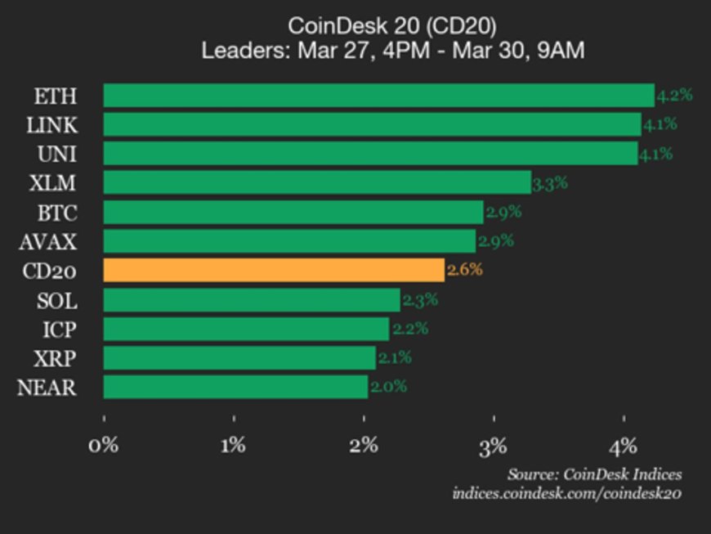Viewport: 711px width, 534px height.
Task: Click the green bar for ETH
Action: (378, 96)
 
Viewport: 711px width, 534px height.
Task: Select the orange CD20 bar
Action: (274, 270)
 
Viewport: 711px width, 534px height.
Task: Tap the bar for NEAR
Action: (235, 387)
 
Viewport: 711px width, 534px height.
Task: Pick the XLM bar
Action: (317, 182)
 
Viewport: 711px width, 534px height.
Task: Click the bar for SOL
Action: (252, 300)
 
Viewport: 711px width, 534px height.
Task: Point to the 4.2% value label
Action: (674, 95)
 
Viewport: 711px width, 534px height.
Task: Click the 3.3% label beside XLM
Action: (550, 183)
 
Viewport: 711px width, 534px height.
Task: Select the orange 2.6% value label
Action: (464, 270)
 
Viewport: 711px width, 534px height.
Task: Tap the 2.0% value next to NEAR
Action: (388, 387)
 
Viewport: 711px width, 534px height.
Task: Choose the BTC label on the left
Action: (57, 213)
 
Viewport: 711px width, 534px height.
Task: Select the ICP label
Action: (60, 330)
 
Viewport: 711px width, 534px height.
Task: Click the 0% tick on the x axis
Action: (104, 446)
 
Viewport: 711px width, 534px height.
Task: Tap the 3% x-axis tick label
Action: (494, 446)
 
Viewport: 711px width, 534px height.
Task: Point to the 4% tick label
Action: (623, 446)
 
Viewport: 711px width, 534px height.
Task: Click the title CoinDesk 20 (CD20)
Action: (393, 25)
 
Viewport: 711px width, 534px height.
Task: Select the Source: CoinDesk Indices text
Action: (594, 474)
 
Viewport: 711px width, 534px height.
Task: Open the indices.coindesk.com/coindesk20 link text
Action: (567, 493)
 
